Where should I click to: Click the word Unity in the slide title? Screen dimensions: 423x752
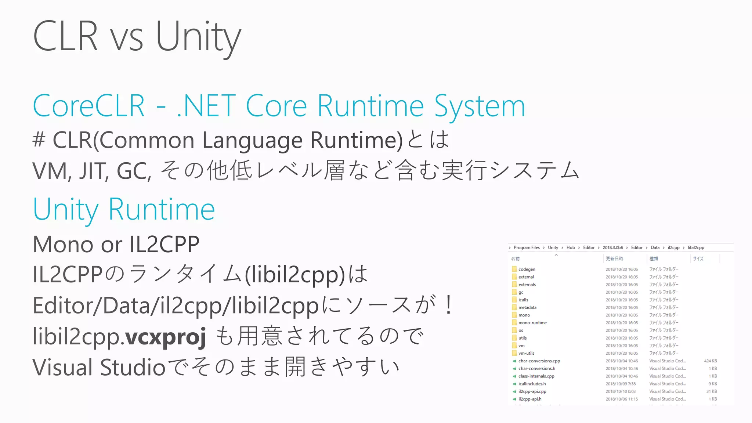[x=198, y=37]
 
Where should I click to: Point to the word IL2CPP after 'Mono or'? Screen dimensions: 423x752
[x=164, y=244]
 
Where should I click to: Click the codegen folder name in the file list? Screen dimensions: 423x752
[x=527, y=269]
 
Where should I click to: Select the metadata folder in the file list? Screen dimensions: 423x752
[x=527, y=307]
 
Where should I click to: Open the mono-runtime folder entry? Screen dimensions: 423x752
[x=532, y=323]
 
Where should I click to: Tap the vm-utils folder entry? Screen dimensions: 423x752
[x=526, y=353]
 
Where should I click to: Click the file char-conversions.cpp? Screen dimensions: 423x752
[x=539, y=361]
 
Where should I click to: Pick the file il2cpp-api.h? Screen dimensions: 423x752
[x=530, y=399]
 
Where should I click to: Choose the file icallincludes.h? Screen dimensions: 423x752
[x=532, y=384]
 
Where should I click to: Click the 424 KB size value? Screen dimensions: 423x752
[x=710, y=361]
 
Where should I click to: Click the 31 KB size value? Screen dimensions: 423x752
[x=711, y=391]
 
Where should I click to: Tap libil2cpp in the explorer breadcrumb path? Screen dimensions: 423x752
[x=696, y=247]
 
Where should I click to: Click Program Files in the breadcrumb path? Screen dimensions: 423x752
[x=527, y=247]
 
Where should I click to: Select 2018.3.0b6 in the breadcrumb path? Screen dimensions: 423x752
[x=612, y=247]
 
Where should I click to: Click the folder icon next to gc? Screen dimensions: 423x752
[x=514, y=292]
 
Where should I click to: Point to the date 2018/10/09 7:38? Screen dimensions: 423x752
[x=621, y=384]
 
